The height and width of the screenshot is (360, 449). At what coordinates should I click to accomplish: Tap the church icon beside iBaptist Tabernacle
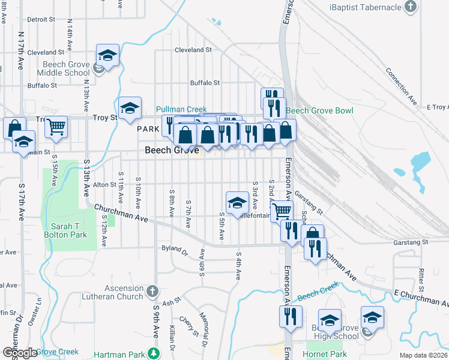coord(411,7)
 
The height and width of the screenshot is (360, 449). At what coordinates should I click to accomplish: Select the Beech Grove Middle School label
coord(66,69)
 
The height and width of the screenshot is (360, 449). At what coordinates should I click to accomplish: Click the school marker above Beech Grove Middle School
coord(107,56)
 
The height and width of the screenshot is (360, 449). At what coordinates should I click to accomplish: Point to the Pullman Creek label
coord(181,109)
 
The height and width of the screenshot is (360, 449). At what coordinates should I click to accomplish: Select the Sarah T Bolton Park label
coord(70,233)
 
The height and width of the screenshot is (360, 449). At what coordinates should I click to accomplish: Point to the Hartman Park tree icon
coord(154,352)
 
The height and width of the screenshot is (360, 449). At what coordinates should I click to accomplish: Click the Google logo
coord(19,353)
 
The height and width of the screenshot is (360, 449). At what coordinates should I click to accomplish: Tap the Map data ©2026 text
coord(423,355)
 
